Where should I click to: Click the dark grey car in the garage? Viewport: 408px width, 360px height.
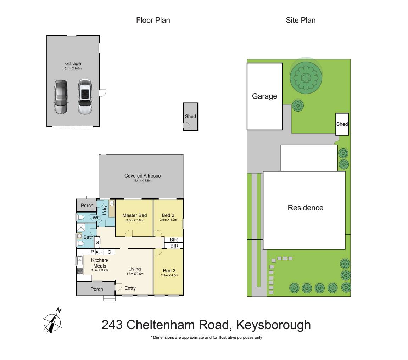[x=61, y=97]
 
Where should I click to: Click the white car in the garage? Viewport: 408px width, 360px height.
[x=85, y=97]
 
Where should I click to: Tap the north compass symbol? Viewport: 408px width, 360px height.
[x=52, y=321]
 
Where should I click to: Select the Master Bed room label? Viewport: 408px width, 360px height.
[x=134, y=215]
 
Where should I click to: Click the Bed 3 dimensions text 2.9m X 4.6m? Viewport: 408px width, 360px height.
[x=169, y=275]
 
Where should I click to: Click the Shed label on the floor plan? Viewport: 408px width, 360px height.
[x=190, y=116]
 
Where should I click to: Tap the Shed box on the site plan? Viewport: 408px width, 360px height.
[x=342, y=124]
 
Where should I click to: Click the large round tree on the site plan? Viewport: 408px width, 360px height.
[x=305, y=77]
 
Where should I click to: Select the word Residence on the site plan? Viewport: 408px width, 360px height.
[x=305, y=208]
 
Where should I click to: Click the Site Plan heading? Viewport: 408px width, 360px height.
[x=301, y=20]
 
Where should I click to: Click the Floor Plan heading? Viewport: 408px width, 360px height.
[x=153, y=20]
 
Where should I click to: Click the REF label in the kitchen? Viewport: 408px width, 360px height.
[x=99, y=252]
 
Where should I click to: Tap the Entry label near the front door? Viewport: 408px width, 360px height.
[x=130, y=288]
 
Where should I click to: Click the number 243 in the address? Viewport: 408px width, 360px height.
[x=112, y=325]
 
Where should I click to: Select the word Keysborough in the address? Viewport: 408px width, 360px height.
[x=273, y=325]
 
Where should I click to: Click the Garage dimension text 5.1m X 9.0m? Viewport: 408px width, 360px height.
[x=73, y=68]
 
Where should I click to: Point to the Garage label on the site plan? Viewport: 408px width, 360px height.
[x=264, y=96]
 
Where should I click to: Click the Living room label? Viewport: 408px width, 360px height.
[x=134, y=269]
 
